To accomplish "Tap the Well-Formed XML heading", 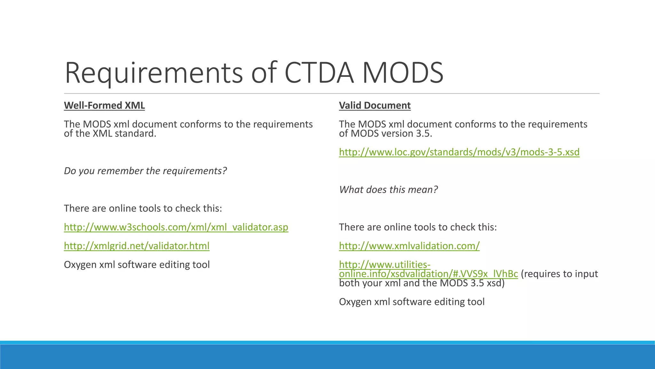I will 104,105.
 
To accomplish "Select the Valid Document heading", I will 375,105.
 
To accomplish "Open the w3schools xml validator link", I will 176,227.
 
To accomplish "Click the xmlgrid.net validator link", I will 137,246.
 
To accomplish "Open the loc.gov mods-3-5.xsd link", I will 459,152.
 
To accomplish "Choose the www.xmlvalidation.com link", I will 409,246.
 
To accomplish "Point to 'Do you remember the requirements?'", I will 145,171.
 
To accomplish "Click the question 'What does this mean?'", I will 388,190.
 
